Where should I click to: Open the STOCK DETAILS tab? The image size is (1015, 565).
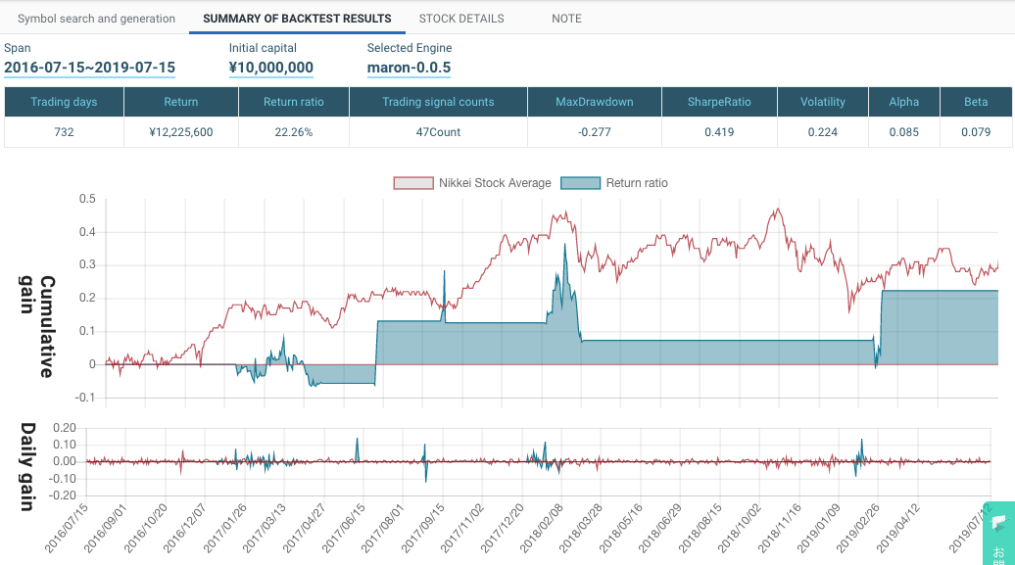(460, 19)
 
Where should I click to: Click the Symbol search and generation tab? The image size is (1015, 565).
(97, 19)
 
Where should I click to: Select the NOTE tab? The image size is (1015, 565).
(566, 19)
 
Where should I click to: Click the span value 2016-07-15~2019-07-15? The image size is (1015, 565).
(89, 68)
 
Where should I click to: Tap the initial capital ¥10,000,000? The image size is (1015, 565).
(271, 68)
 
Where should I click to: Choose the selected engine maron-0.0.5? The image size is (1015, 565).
(409, 68)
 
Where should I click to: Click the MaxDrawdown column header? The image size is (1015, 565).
(595, 102)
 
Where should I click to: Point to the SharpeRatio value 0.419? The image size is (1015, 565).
(719, 132)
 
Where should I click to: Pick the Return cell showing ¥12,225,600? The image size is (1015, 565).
(180, 132)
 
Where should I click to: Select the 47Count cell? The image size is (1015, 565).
(437, 132)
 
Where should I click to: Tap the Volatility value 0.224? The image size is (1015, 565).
(822, 132)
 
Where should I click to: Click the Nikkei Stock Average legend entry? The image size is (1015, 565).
(472, 183)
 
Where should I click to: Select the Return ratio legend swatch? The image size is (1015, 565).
(580, 183)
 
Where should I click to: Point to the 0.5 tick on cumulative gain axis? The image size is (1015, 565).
(87, 199)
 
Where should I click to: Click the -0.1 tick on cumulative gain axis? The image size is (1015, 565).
(85, 398)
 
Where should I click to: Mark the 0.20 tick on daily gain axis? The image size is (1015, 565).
(64, 428)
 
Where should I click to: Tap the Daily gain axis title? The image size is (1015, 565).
(29, 467)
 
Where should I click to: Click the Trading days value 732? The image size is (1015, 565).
(64, 132)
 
